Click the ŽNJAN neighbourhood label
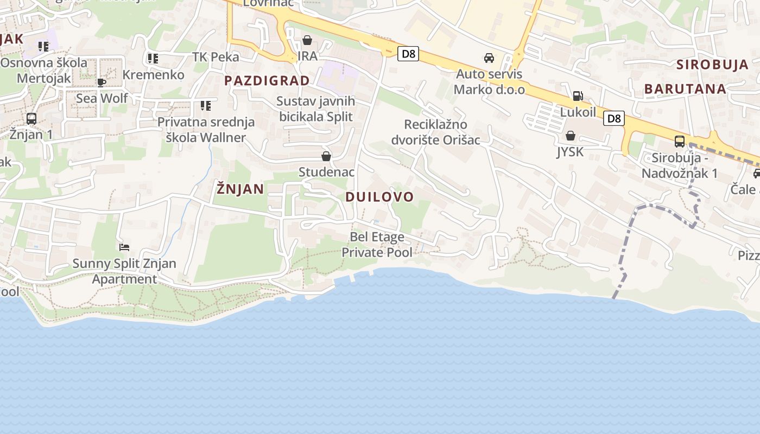[240, 189]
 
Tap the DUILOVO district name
[379, 196]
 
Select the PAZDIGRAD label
[267, 81]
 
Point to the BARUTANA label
[685, 89]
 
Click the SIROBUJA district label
[712, 65]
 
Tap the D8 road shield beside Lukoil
[614, 118]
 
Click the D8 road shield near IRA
[408, 54]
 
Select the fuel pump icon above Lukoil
[578, 96]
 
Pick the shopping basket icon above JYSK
[570, 136]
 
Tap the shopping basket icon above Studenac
[326, 156]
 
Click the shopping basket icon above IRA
[307, 40]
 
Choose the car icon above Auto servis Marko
[489, 58]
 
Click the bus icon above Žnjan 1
[31, 118]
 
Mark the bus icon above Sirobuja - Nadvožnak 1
[679, 142]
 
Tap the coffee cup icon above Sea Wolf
[102, 82]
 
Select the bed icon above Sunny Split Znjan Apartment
[124, 247]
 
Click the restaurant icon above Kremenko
[153, 58]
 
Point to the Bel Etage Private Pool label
[377, 245]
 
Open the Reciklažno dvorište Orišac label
[436, 132]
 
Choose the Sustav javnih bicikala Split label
[315, 108]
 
